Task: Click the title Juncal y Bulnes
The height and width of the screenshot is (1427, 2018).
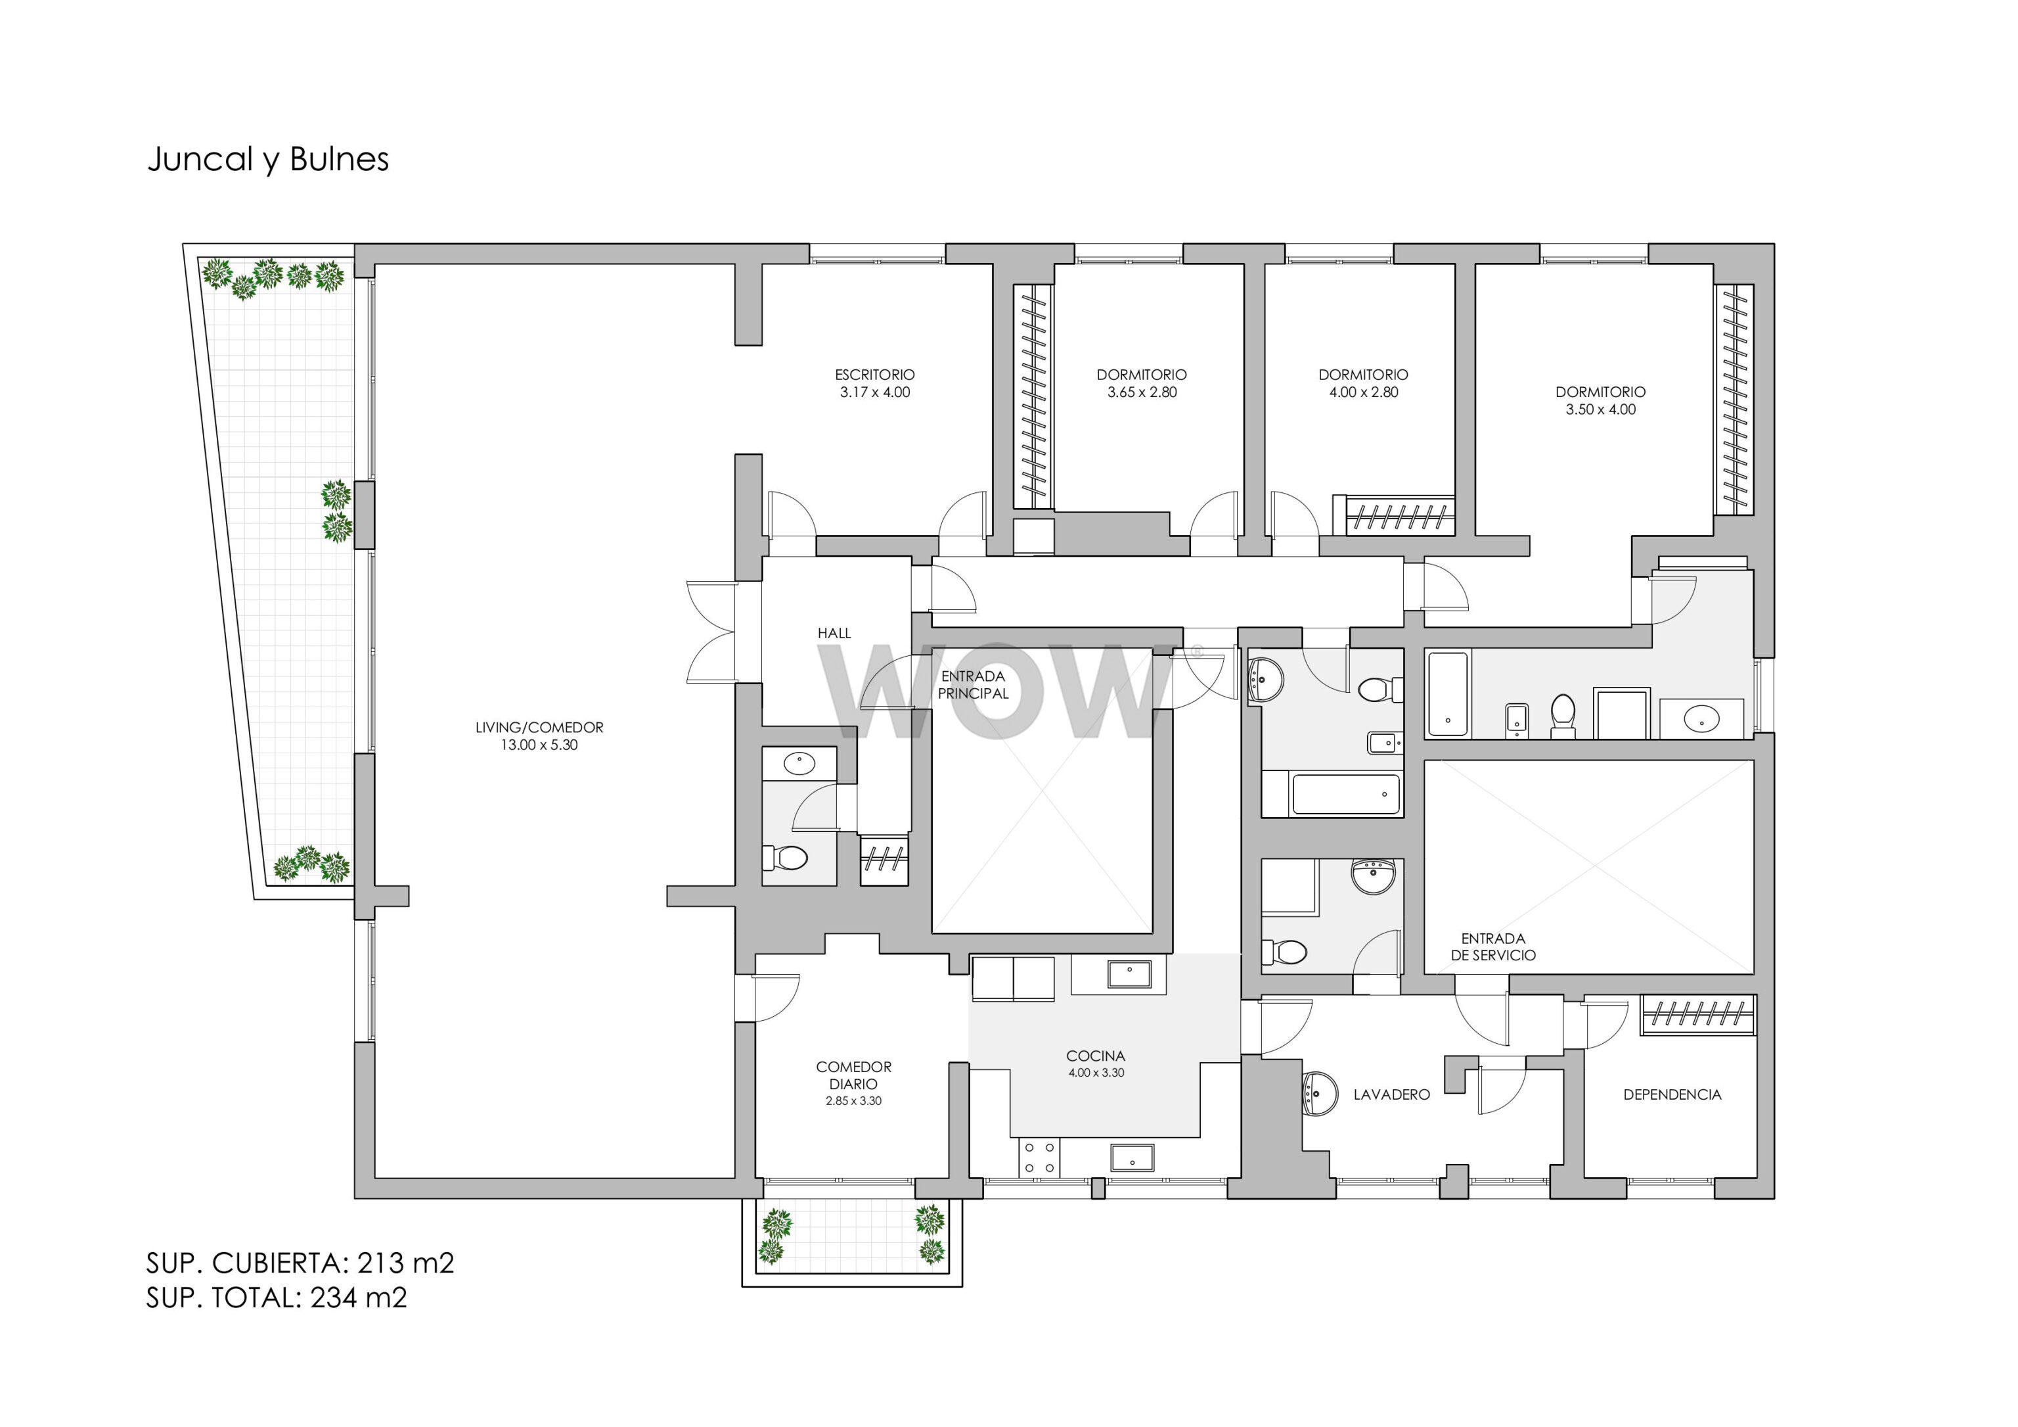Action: (268, 160)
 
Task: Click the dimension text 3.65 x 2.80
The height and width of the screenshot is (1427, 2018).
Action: (1142, 392)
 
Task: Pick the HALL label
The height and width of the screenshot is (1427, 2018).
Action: (834, 633)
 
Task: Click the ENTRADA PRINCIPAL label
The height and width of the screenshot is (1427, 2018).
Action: (973, 685)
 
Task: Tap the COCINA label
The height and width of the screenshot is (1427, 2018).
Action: (1095, 1056)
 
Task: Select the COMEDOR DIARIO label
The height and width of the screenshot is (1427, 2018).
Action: (853, 1075)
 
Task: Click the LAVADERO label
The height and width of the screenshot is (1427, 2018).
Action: (1391, 1094)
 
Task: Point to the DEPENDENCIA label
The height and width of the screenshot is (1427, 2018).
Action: (1672, 1094)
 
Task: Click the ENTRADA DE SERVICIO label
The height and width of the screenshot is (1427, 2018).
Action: (1493, 947)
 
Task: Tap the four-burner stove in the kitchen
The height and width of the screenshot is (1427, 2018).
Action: (1040, 1158)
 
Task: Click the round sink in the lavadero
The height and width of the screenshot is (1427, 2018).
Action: (1318, 1094)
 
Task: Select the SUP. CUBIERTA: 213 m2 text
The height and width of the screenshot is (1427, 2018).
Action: (300, 1263)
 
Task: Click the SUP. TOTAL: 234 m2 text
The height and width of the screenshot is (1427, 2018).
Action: (277, 1298)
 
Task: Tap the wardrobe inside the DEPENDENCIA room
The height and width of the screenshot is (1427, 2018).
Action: (1697, 1015)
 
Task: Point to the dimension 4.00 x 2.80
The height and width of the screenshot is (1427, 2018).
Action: (1363, 392)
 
